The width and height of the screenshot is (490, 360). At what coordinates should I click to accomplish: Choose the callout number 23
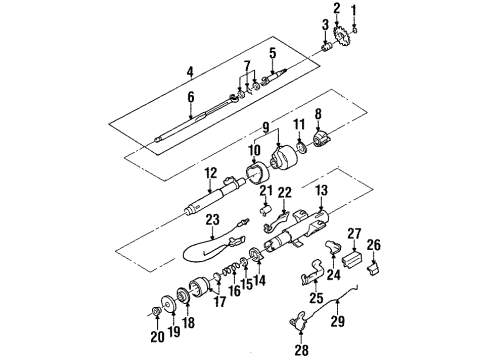pos(212,221)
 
